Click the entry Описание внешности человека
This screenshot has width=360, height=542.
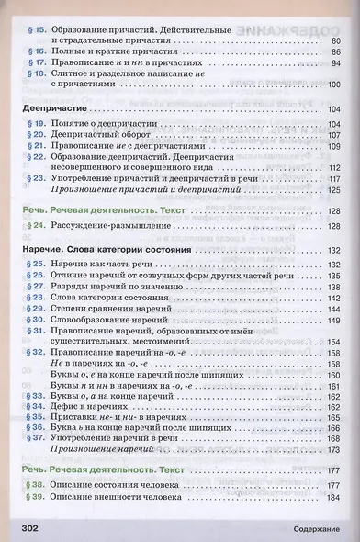[117, 497]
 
